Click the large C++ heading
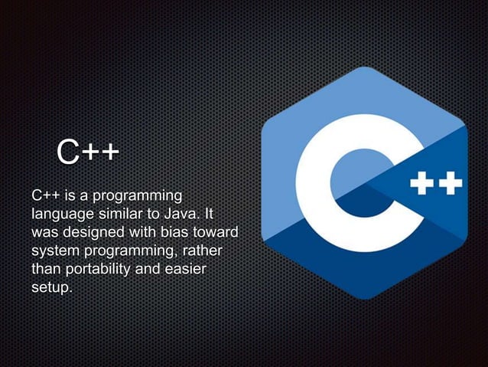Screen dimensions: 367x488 tap(86, 152)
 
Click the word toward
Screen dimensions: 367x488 tap(215, 231)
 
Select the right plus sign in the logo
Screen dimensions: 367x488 tap(451, 184)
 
